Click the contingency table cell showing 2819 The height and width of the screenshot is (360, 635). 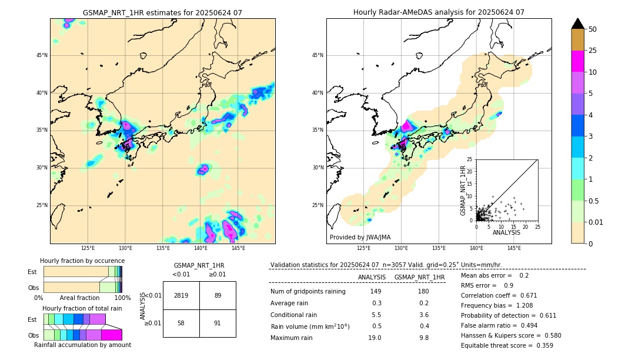coord(181,295)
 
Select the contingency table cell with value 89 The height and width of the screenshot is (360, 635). coord(218,295)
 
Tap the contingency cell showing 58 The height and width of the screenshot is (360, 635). coord(181,323)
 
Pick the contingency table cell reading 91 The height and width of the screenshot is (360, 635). coord(218,323)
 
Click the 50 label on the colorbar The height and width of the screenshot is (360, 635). coord(593,29)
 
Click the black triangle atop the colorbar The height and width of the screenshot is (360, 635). coord(578,24)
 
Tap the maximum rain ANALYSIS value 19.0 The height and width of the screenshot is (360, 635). coord(376,338)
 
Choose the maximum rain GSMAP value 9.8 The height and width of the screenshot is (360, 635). coord(423,338)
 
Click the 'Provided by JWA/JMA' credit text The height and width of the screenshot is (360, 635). coord(360,237)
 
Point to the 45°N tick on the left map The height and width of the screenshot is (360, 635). coord(42,55)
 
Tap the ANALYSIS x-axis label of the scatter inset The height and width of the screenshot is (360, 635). coord(506,233)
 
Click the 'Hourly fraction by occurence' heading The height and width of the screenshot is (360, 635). coord(82,261)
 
